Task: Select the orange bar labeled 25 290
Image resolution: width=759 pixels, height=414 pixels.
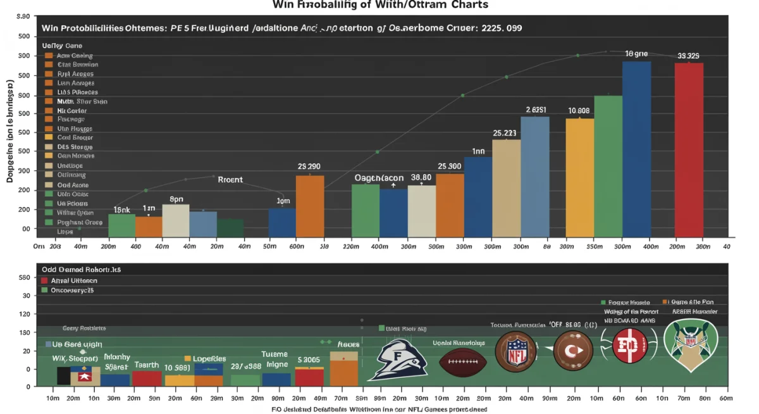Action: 310,206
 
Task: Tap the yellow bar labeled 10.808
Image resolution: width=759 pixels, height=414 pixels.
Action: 579,177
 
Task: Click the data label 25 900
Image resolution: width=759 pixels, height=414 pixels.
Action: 449,166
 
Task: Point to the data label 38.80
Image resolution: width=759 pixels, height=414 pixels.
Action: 421,178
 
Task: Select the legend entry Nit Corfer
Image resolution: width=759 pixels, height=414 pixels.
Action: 71,110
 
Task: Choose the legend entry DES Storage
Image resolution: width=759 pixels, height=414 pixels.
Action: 75,147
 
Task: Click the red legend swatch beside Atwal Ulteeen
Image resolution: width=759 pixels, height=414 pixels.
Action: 44,280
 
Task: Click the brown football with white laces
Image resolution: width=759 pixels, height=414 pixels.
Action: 463,361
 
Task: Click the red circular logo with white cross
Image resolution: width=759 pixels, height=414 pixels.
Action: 631,346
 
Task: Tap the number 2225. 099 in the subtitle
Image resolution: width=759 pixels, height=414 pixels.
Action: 502,28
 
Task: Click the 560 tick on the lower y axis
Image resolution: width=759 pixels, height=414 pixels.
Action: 25,278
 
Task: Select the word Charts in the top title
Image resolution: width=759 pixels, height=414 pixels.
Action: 463,4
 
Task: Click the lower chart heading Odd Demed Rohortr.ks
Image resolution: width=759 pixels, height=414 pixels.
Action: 80,269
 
